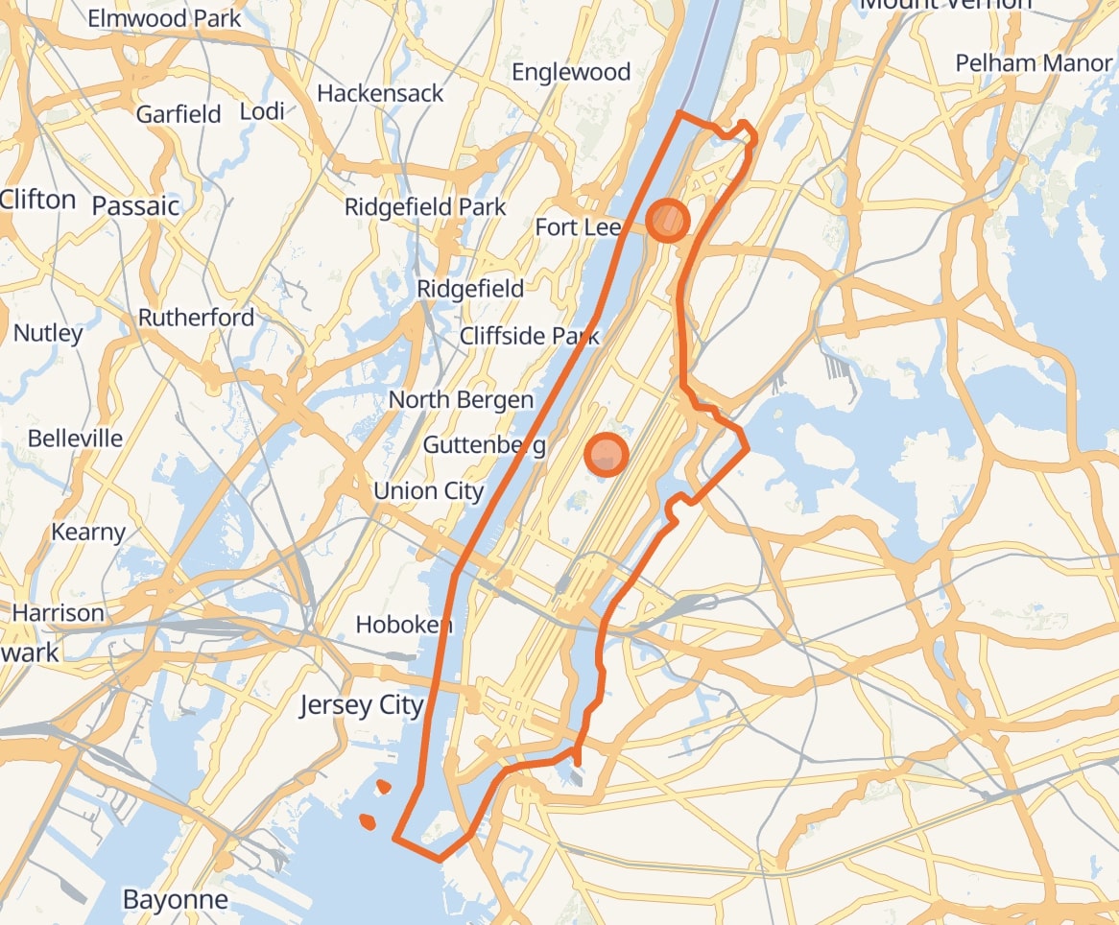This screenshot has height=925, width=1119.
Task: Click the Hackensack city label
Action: pyautogui.click(x=380, y=93)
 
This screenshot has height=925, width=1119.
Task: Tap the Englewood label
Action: pyautogui.click(x=571, y=72)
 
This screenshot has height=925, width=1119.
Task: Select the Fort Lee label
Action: pyautogui.click(x=578, y=227)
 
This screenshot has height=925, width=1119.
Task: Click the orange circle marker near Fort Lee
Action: pyautogui.click(x=667, y=221)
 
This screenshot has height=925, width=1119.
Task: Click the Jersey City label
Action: pyautogui.click(x=361, y=705)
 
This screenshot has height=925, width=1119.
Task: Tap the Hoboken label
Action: pyautogui.click(x=403, y=625)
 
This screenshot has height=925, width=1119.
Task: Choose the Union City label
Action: pyautogui.click(x=428, y=490)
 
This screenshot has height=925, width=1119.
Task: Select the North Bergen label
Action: pyautogui.click(x=461, y=400)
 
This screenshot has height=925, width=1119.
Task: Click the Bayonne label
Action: pyautogui.click(x=176, y=899)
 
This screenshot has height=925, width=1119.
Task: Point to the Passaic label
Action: pyautogui.click(x=135, y=205)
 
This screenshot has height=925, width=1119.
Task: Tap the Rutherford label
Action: pyautogui.click(x=197, y=318)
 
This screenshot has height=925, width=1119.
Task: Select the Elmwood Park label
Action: pyautogui.click(x=164, y=18)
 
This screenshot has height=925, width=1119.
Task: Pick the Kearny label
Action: pyautogui.click(x=88, y=532)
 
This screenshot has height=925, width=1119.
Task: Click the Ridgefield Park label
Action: pyautogui.click(x=425, y=207)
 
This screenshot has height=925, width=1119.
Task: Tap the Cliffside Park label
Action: pyautogui.click(x=529, y=336)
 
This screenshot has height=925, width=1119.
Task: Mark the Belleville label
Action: pyautogui.click(x=76, y=439)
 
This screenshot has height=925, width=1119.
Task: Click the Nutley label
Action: pyautogui.click(x=48, y=333)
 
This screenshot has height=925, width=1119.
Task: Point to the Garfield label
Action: pyautogui.click(x=179, y=114)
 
